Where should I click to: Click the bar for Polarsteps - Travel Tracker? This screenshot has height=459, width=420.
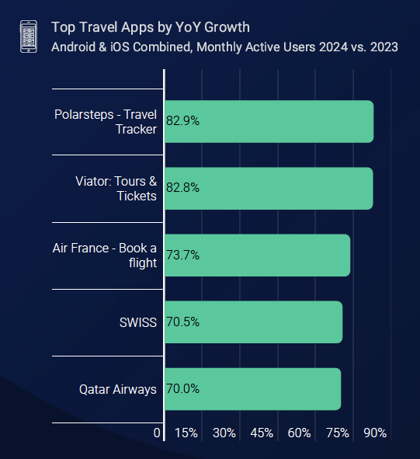pyautogui.click(x=269, y=122)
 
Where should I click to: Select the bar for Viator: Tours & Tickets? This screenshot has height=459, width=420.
pyautogui.click(x=269, y=189)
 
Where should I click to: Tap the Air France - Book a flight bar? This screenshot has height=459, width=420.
pyautogui.click(x=257, y=256)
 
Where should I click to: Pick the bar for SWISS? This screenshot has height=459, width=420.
pyautogui.click(x=253, y=322)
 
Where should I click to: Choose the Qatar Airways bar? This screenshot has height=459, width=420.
pyautogui.click(x=252, y=389)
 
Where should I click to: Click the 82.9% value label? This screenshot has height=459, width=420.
pyautogui.click(x=183, y=122)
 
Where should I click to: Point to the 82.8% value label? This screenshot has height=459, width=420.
pyautogui.click(x=183, y=189)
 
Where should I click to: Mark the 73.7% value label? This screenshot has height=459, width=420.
pyautogui.click(x=183, y=256)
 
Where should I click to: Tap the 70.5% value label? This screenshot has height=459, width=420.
pyautogui.click(x=183, y=322)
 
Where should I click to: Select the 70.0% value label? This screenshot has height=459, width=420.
pyautogui.click(x=183, y=389)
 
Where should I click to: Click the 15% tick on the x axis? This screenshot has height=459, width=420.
pyautogui.click(x=186, y=433)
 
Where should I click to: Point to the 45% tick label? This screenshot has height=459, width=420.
pyautogui.click(x=262, y=433)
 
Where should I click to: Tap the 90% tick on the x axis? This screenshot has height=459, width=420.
pyautogui.click(x=375, y=433)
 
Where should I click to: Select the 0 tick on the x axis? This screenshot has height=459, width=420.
pyautogui.click(x=158, y=433)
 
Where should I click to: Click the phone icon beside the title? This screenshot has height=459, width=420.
pyautogui.click(x=28, y=37)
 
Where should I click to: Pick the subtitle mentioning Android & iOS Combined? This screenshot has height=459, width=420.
pyautogui.click(x=224, y=47)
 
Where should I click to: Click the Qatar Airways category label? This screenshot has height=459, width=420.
pyautogui.click(x=118, y=389)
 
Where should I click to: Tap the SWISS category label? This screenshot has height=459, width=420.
pyautogui.click(x=138, y=322)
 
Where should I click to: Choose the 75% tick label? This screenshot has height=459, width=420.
pyautogui.click(x=338, y=433)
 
